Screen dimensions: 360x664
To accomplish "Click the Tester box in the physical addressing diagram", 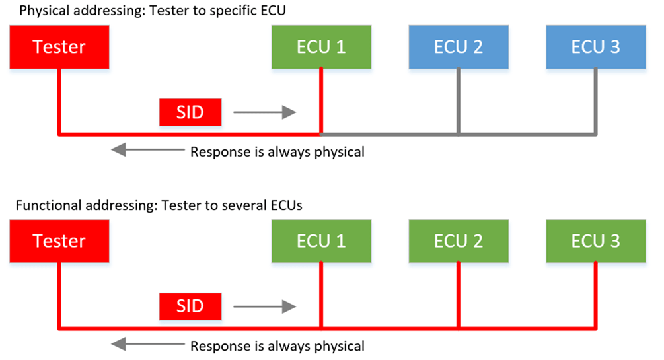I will pos(59,47).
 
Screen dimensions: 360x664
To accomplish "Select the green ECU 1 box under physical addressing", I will pos(321,47).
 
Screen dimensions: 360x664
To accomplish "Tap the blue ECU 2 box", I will pos(458,47).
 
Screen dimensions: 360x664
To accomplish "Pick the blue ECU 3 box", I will pos(595,47).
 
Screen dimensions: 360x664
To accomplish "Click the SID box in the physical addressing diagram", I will pos(190,112).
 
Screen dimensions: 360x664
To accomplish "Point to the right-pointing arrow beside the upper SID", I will pos(264,112).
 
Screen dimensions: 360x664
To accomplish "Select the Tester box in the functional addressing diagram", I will pos(59,240).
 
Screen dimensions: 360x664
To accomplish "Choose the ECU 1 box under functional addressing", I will pos(321,240).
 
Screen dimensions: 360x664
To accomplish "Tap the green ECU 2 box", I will pos(458,240).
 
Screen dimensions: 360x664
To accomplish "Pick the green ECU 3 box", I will pos(595,240).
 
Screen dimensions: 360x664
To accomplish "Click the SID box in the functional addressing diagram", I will pos(190,306).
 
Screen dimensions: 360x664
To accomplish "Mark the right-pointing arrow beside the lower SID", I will pos(264,306).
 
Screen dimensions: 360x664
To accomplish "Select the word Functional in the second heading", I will pos(46,205).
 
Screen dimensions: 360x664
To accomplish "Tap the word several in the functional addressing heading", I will pos(238,205).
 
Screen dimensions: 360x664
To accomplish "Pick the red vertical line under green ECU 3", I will pos(595,294).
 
